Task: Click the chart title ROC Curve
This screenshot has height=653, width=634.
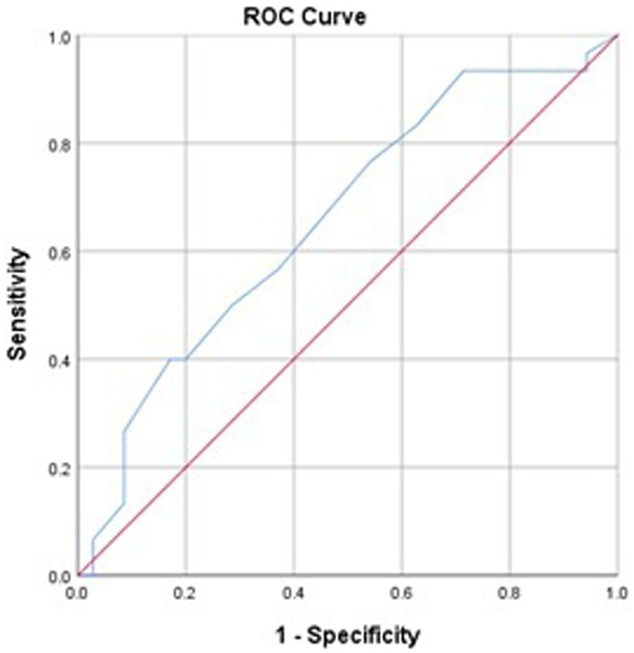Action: tap(305, 16)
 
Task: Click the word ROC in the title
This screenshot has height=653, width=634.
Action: tap(264, 16)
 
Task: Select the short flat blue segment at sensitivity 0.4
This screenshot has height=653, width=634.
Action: tap(177, 360)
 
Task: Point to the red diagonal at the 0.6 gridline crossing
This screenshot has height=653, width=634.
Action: tap(402, 252)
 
